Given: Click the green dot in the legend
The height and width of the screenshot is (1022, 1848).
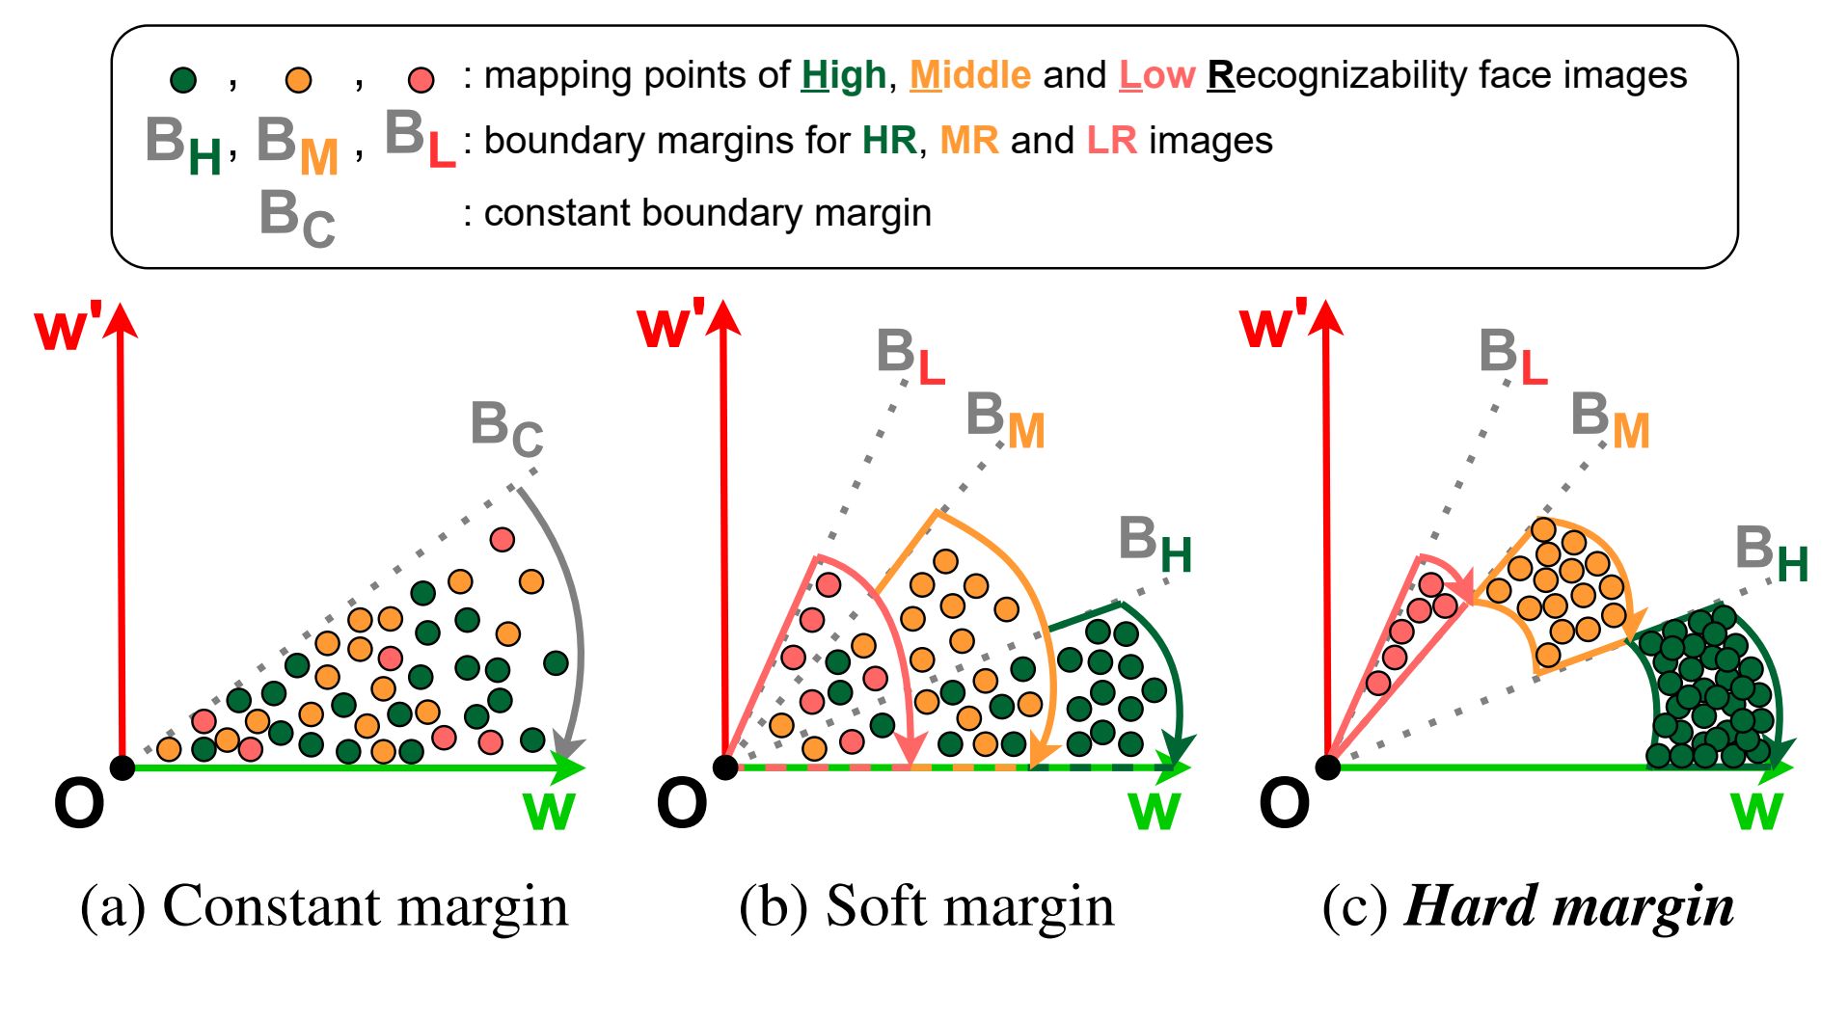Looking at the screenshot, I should point(183,80).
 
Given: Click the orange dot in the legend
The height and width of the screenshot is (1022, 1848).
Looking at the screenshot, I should point(299,80).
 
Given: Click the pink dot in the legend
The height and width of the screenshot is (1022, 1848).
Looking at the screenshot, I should point(421,80).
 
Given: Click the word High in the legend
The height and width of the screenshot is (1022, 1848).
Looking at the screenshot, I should point(843,75).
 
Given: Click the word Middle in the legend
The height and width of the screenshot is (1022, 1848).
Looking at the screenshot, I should point(969,75).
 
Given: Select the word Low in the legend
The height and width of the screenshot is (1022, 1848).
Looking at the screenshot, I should point(1156,75).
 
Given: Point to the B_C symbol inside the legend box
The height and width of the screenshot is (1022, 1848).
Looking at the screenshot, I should point(297,218).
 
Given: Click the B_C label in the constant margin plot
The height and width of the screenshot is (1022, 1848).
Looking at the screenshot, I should point(506,428).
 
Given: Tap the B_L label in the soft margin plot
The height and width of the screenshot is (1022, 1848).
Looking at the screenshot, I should point(910,356).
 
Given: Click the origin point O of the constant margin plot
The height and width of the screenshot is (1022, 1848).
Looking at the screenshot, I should point(122,767).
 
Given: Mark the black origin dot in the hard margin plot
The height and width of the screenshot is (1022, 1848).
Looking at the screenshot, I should point(1328,767).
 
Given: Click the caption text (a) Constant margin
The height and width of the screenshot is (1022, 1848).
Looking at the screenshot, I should point(324,906).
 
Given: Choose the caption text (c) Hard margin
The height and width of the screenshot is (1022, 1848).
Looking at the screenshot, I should point(1528,906).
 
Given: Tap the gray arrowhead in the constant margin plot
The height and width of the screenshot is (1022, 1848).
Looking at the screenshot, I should point(567,749).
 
